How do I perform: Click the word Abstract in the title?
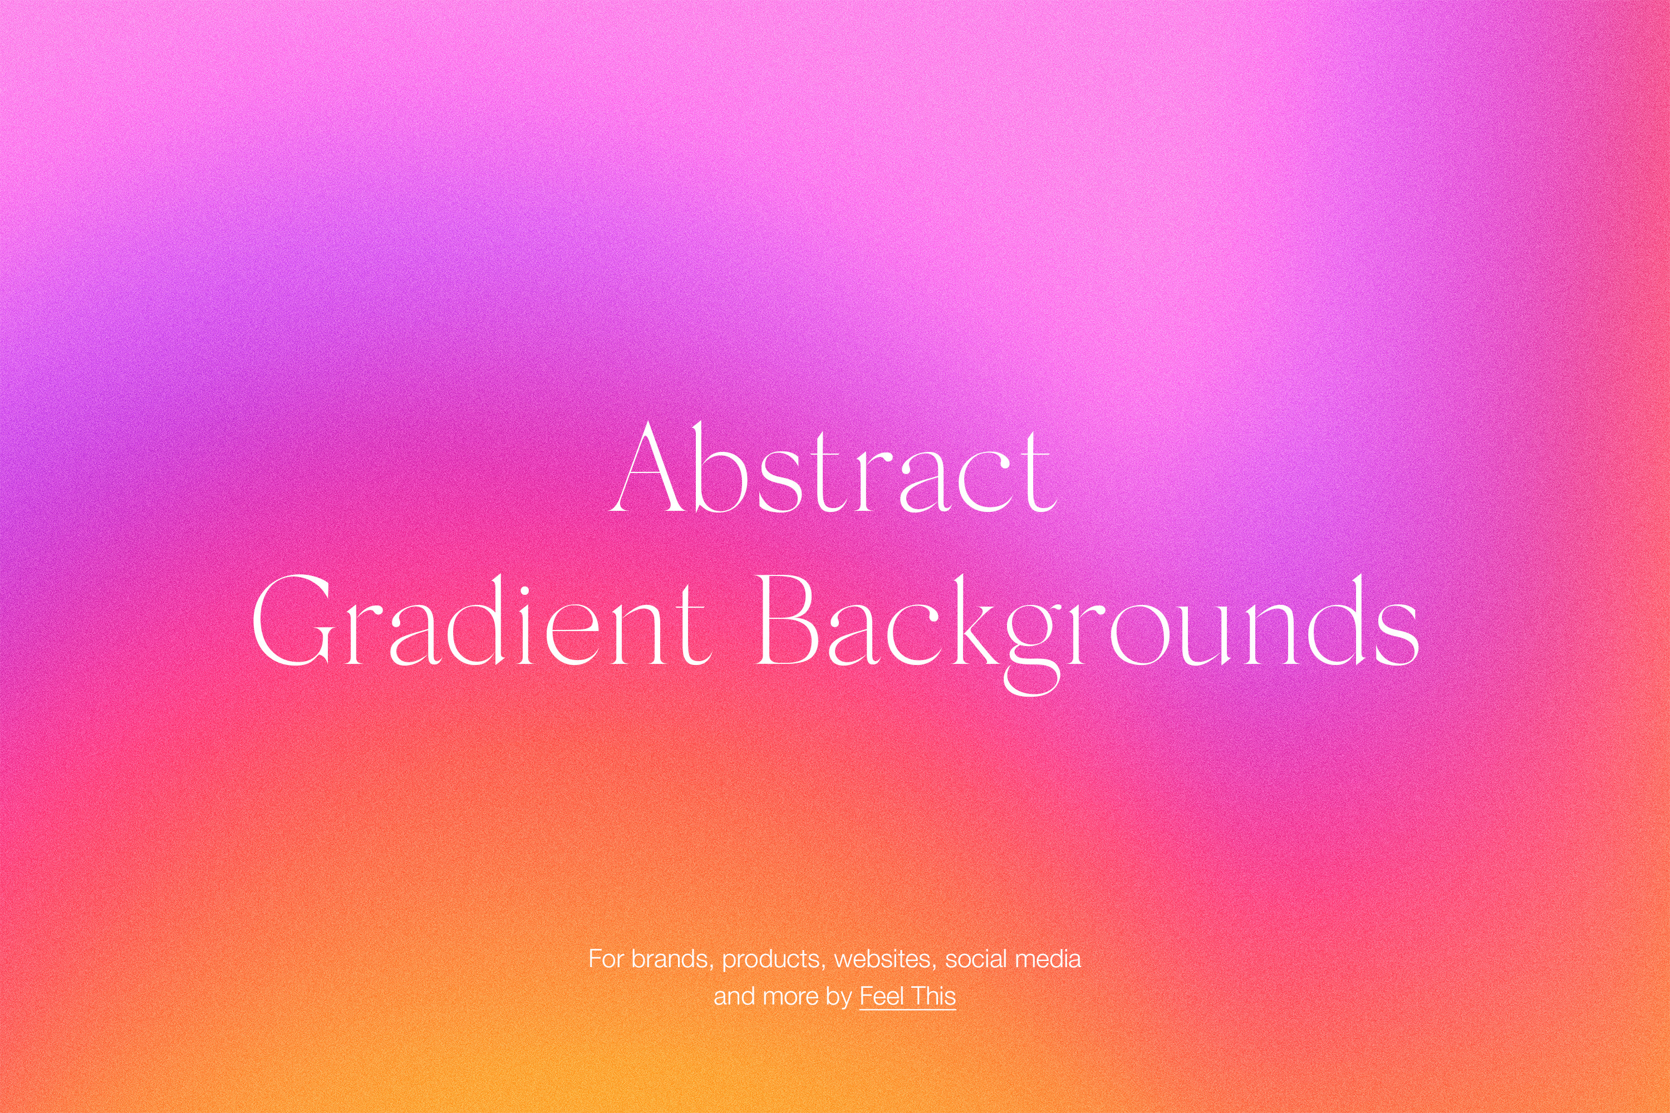click(834, 466)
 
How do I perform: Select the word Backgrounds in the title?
click(1087, 632)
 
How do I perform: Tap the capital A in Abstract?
click(649, 466)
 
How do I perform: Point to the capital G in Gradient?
click(293, 620)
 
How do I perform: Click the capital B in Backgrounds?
click(788, 620)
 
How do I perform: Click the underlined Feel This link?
click(907, 997)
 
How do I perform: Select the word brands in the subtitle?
click(670, 959)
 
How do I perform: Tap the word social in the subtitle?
click(976, 959)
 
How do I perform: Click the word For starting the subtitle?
click(606, 959)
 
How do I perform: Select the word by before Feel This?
click(839, 998)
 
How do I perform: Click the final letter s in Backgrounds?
click(1397, 632)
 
